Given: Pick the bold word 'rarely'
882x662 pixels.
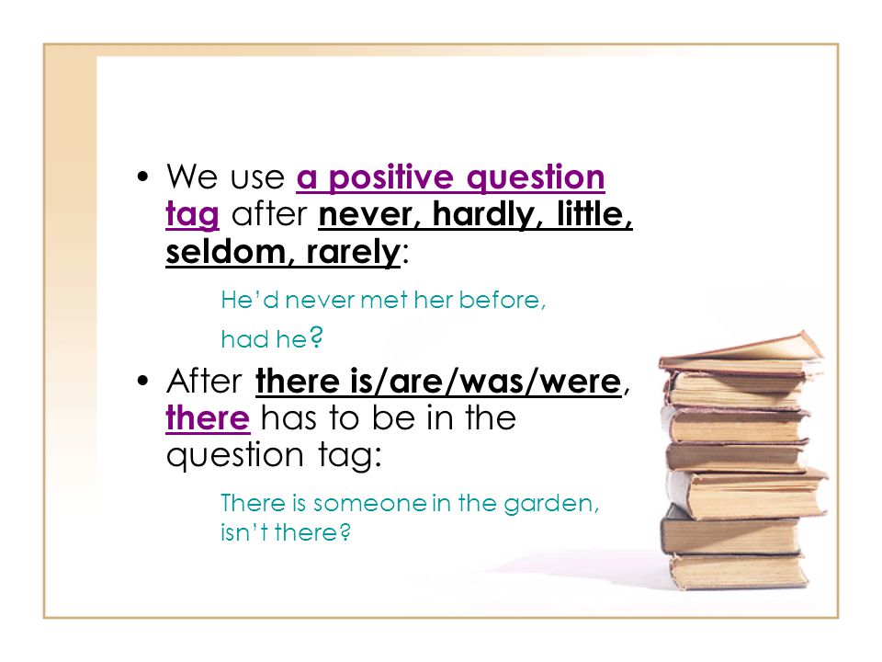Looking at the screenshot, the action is coord(353,253).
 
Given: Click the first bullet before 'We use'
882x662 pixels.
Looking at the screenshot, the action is coord(143,177).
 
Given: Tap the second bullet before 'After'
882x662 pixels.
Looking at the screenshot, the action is coord(143,381).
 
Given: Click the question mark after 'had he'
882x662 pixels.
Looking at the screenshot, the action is coord(317,337).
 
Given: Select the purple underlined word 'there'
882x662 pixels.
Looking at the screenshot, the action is coord(208,418).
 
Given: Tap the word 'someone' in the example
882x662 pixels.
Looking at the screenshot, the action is coord(369,503).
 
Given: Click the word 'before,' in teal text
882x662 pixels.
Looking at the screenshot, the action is coord(503,300).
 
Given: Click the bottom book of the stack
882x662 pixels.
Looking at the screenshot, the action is coord(739,570).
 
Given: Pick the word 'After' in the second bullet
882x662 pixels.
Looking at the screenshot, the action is coord(204,381).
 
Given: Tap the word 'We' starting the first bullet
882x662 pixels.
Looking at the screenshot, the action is coord(192,177).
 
